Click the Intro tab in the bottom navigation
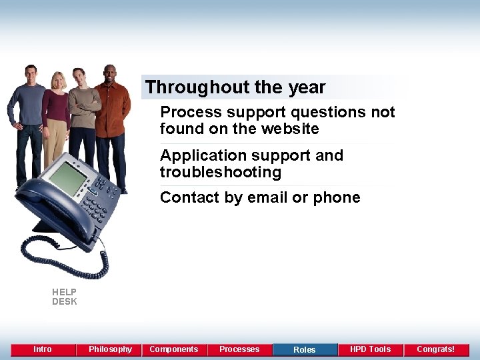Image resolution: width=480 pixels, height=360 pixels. pyautogui.click(x=43, y=349)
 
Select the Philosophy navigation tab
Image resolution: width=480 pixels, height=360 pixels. pyautogui.click(x=110, y=349)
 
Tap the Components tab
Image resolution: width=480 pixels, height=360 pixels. pyautogui.click(x=174, y=349)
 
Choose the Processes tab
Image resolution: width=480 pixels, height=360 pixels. pyautogui.click(x=239, y=349)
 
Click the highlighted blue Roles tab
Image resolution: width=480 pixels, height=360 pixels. pyautogui.click(x=305, y=349)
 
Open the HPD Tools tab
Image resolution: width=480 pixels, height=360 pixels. pyautogui.click(x=370, y=349)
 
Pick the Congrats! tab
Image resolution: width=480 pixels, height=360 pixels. pyautogui.click(x=435, y=349)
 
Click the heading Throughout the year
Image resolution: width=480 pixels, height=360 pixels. pyautogui.click(x=235, y=87)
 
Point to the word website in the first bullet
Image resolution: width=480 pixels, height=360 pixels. pyautogui.click(x=292, y=129)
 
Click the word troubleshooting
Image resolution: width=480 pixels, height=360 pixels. pyautogui.click(x=221, y=172)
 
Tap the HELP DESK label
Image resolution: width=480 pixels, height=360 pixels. pyautogui.click(x=65, y=297)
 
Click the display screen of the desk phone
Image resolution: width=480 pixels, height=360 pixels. pyautogui.click(x=67, y=178)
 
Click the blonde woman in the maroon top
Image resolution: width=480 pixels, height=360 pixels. pyautogui.click(x=57, y=113)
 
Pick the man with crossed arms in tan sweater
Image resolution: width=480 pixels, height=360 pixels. pyautogui.click(x=83, y=113)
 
